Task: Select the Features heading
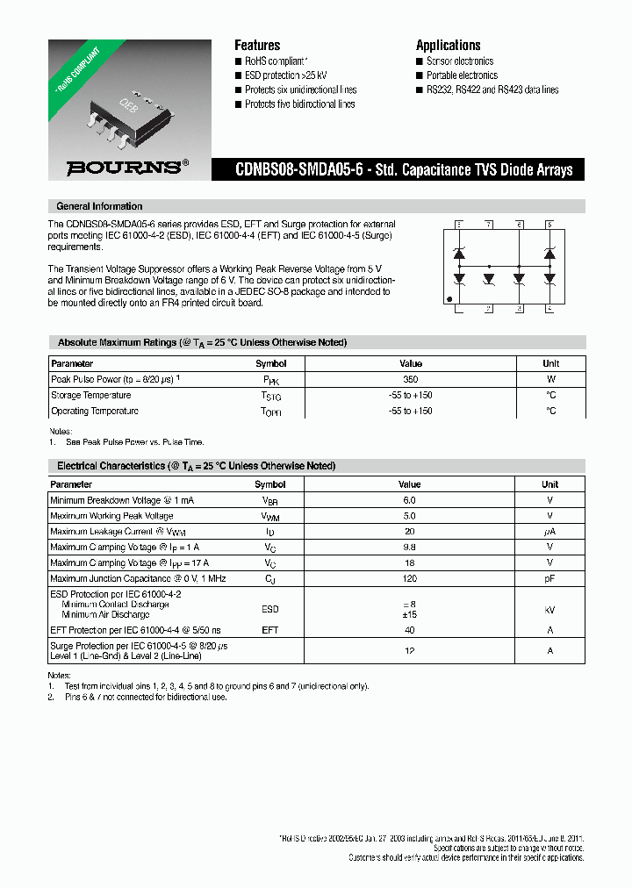pyautogui.click(x=257, y=46)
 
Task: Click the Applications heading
pyautogui.click(x=448, y=46)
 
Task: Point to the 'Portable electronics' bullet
pyautogui.click(x=461, y=75)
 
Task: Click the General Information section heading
pyautogui.click(x=98, y=206)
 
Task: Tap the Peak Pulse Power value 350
pyautogui.click(x=410, y=379)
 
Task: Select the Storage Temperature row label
pyautogui.click(x=90, y=395)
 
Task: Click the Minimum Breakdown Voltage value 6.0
pyautogui.click(x=409, y=500)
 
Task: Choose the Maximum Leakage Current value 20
pyautogui.click(x=409, y=532)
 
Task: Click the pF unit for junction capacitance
pyautogui.click(x=550, y=579)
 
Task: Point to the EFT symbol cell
pyautogui.click(x=269, y=630)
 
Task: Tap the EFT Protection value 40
pyautogui.click(x=409, y=630)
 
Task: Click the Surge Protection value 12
pyautogui.click(x=409, y=651)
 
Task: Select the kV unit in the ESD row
pyautogui.click(x=550, y=609)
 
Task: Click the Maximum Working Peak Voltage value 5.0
pyautogui.click(x=409, y=516)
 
